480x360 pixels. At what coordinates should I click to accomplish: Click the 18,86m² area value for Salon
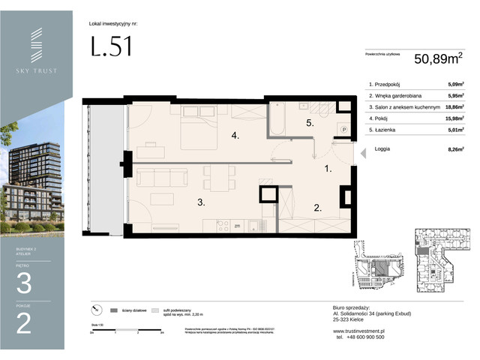pos(451,106)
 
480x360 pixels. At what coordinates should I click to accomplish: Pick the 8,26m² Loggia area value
pos(452,148)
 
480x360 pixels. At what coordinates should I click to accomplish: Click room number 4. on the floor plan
pos(235,136)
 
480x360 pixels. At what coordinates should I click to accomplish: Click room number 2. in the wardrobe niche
pos(317,208)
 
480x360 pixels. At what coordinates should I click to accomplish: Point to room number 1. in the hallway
pos(327,169)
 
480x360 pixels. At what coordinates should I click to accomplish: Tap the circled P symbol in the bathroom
pos(343,128)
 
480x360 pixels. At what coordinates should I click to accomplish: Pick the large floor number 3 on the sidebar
pos(24,283)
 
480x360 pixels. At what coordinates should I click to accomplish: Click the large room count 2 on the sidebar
pos(24,323)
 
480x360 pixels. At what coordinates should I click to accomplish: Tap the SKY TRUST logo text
pos(36,70)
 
